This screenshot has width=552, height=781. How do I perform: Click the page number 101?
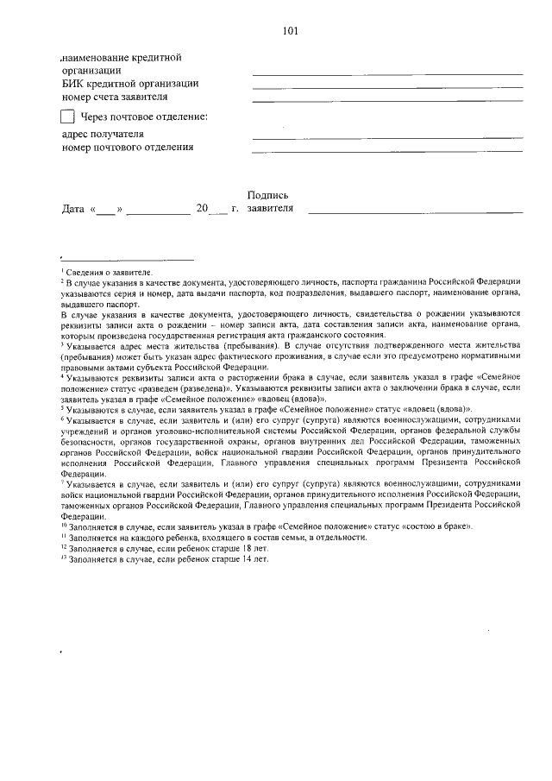[290, 32]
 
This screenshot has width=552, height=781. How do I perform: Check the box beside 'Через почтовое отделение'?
[67, 117]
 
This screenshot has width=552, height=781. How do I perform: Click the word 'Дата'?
[73, 209]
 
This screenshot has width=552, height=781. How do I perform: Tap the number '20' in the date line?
[202, 209]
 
